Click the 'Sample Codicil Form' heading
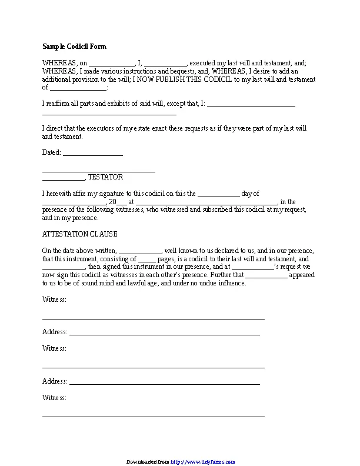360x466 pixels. [x=74, y=46]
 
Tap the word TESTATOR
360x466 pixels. [x=105, y=177]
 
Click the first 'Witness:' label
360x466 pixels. [x=54, y=299]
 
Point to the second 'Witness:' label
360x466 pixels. [x=54, y=348]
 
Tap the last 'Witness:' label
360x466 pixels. [x=54, y=397]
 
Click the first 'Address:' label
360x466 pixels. [x=55, y=332]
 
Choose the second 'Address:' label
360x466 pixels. [x=55, y=381]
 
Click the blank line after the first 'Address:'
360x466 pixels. [x=165, y=334]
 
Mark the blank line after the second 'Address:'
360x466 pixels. [x=165, y=382]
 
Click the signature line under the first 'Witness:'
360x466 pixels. [x=153, y=318]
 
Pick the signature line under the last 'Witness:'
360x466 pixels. [x=153, y=415]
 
